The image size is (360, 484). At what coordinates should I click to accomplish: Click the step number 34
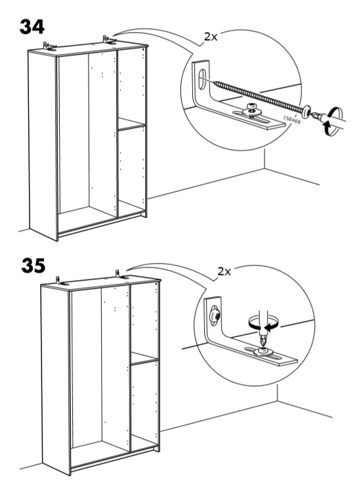coord(32,27)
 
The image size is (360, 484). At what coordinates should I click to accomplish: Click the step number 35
coord(33,266)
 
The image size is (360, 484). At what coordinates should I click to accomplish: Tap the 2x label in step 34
coord(210,37)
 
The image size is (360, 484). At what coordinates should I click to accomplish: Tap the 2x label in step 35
coord(224,271)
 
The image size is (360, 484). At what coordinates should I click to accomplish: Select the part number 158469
coord(292,120)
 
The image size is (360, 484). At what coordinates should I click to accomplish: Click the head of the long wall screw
coord(307,111)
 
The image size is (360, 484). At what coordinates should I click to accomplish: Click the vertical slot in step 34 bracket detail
coord(202,79)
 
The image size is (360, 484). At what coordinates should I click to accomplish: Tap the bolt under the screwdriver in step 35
coord(264,352)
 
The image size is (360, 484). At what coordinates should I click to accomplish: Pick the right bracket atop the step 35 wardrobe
coord(121,274)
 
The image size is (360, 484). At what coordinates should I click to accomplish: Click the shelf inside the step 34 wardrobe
coord(131,124)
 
